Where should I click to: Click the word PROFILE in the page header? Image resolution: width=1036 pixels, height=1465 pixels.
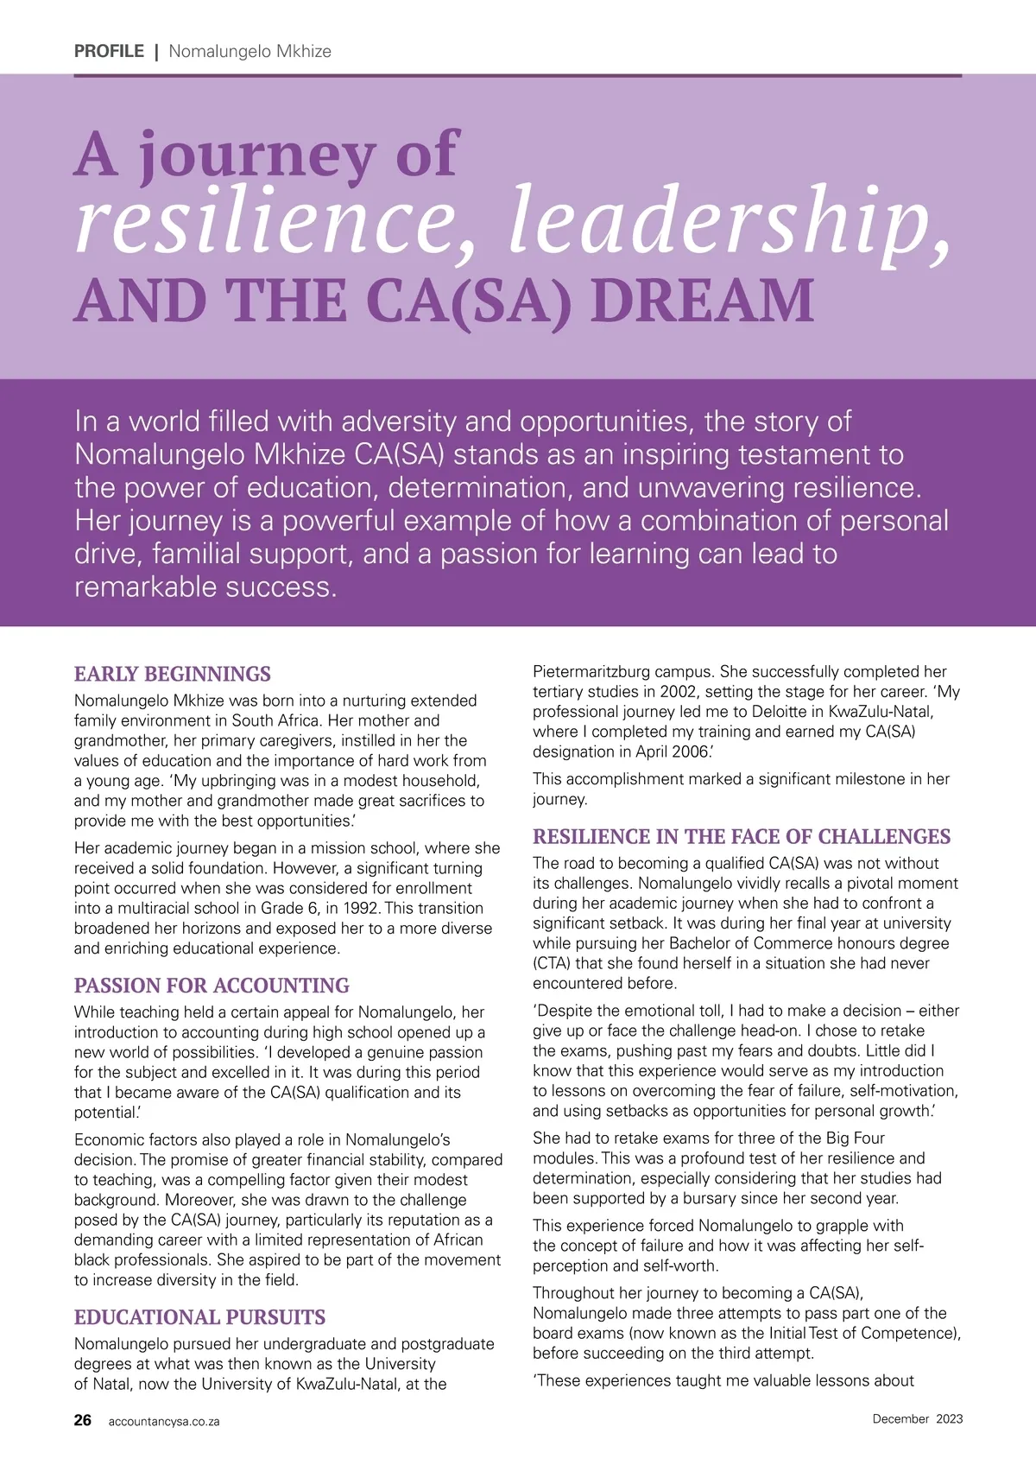click(x=109, y=51)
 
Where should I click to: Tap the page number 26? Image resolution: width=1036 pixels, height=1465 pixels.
click(x=83, y=1420)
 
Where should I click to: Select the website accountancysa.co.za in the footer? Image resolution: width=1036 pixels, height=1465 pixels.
click(x=164, y=1421)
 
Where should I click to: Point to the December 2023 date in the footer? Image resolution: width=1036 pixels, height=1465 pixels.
click(x=917, y=1418)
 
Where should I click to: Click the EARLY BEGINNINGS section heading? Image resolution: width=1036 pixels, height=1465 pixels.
click(x=173, y=674)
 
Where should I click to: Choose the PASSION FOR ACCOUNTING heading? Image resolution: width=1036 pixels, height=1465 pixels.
click(x=212, y=986)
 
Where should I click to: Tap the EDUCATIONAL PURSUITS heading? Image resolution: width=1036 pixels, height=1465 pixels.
click(x=199, y=1317)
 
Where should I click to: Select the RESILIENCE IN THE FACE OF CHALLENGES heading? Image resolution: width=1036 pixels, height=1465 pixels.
click(x=742, y=836)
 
